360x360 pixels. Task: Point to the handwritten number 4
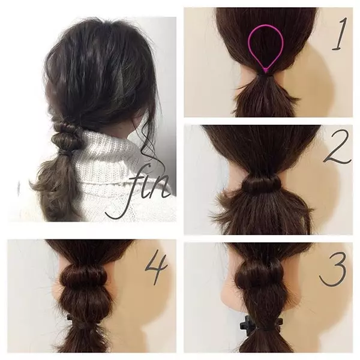point(157,267)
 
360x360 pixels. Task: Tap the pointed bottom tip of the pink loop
point(266,73)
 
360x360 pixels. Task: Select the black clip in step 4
point(70,319)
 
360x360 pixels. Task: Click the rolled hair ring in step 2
point(262,184)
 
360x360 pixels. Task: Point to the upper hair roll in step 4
point(84,275)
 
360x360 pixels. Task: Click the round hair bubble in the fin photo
point(62,140)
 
